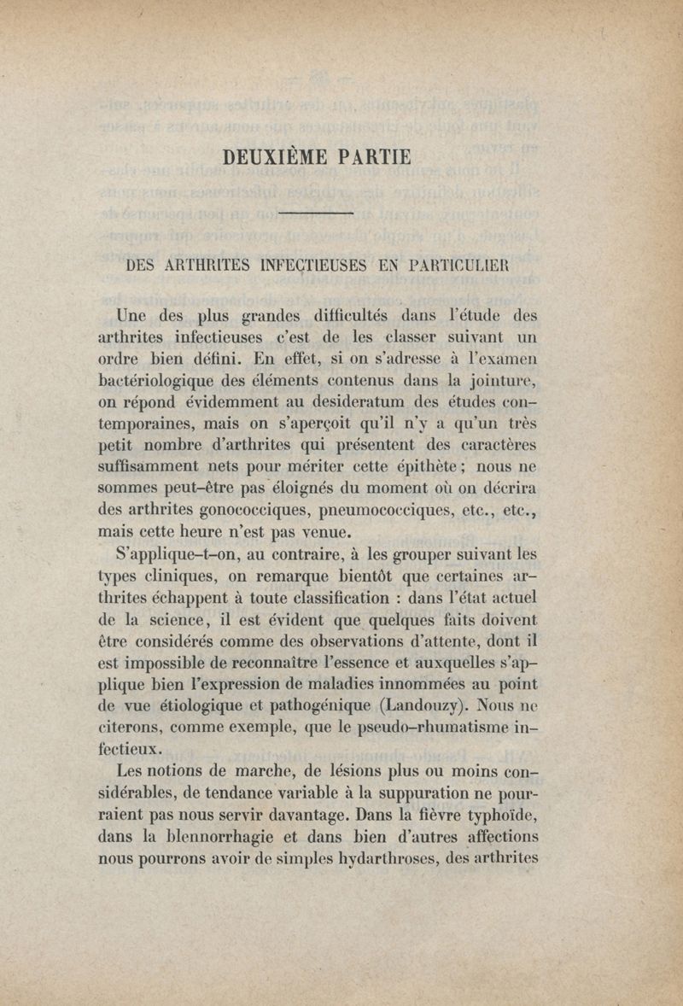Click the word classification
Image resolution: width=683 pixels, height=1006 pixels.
[281, 597]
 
